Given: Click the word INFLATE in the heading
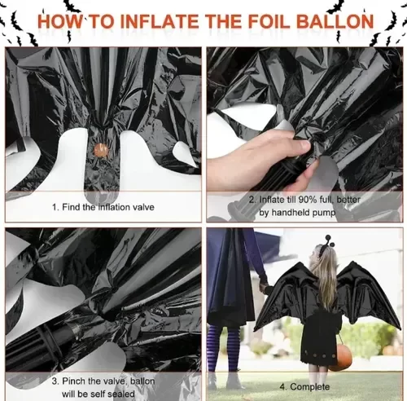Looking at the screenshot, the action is point(160,21).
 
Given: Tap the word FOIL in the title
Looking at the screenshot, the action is point(269,21).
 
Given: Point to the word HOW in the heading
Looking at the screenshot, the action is point(59,21).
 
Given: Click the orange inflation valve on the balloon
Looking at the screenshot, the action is point(101,150).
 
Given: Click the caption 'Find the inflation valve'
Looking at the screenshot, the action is point(108,207).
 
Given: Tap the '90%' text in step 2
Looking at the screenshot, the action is point(308,200).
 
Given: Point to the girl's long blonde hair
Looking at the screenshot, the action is point(326,277).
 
